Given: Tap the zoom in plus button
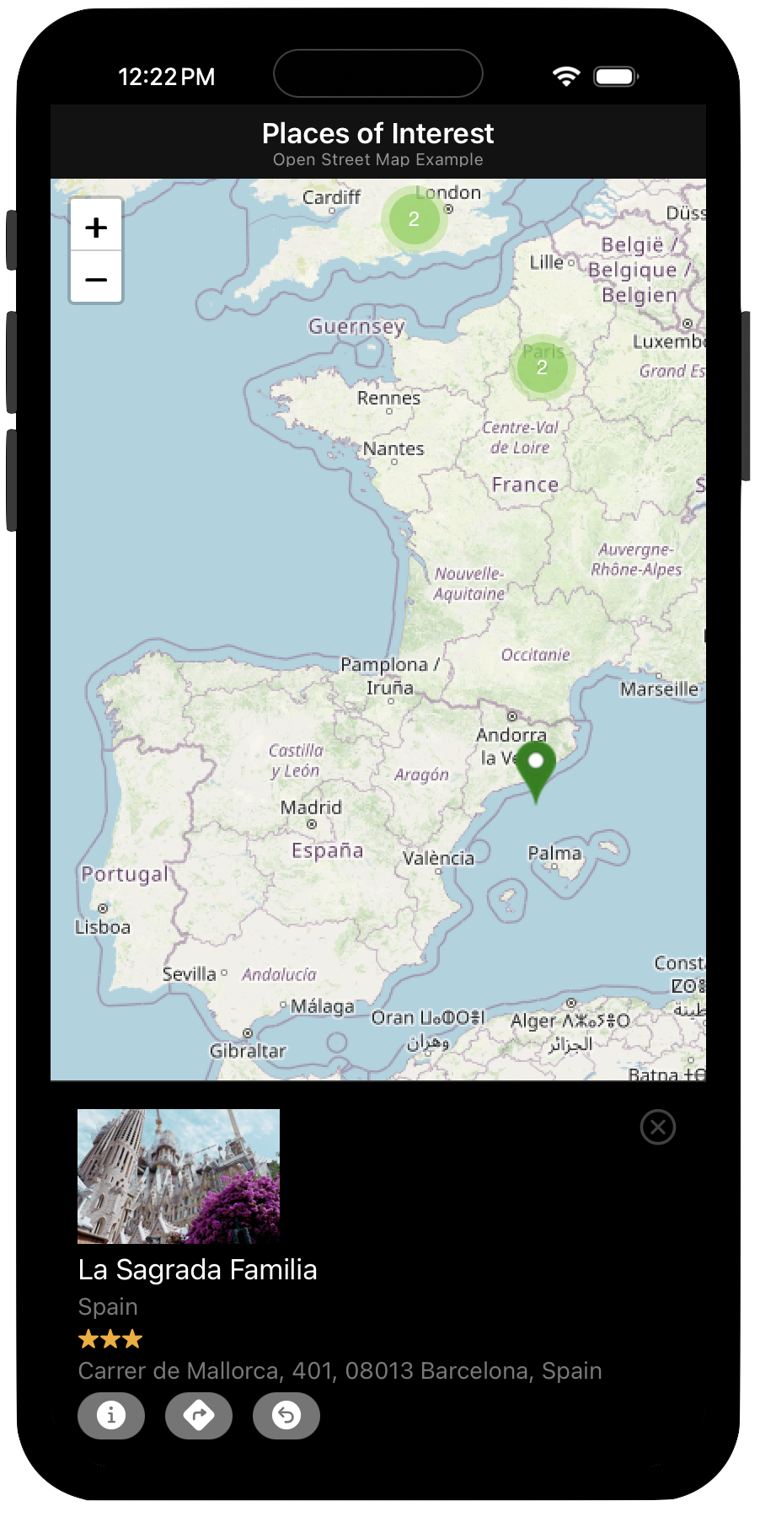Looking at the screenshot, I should [96, 226].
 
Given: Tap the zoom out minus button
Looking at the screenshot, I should [96, 278].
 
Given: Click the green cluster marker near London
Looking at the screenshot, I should [414, 219].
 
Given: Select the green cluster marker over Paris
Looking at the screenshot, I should [542, 367].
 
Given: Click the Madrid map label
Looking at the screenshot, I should [311, 807].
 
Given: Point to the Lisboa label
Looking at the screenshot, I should [103, 927].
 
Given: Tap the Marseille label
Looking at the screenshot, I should [659, 689].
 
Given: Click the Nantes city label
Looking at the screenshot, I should [393, 449].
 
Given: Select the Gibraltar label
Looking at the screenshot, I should [248, 1051].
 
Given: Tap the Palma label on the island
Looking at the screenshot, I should [554, 854].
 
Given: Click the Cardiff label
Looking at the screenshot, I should [331, 197].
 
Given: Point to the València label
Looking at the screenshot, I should [438, 859].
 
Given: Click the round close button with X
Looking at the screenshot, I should [658, 1127].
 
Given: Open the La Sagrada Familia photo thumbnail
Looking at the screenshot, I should [179, 1177].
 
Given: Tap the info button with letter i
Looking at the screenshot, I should [111, 1415].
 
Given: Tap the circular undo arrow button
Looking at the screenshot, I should [286, 1415].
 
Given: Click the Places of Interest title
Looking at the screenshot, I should [377, 133].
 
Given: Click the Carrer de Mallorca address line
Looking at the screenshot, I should [340, 1371].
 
